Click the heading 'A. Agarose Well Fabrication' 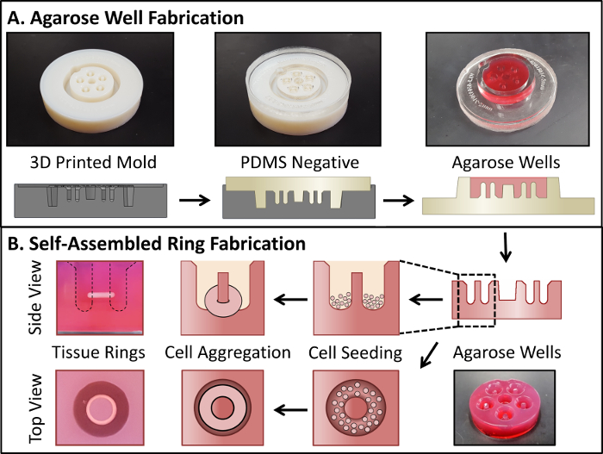click(126, 18)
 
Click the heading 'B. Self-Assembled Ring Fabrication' click(157, 244)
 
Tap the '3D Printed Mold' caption click(93, 162)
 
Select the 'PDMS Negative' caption click(300, 162)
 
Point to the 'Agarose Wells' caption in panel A click(506, 163)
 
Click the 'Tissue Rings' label click(98, 352)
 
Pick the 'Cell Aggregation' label click(227, 352)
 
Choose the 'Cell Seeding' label click(355, 353)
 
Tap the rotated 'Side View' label click(35, 297)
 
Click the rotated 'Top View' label click(35, 408)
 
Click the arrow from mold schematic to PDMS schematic click(195, 200)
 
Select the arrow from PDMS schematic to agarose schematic click(398, 200)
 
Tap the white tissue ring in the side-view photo click(101, 295)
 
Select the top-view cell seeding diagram click(356, 407)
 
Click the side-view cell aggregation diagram click(222, 298)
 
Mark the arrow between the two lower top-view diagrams click(291, 409)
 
